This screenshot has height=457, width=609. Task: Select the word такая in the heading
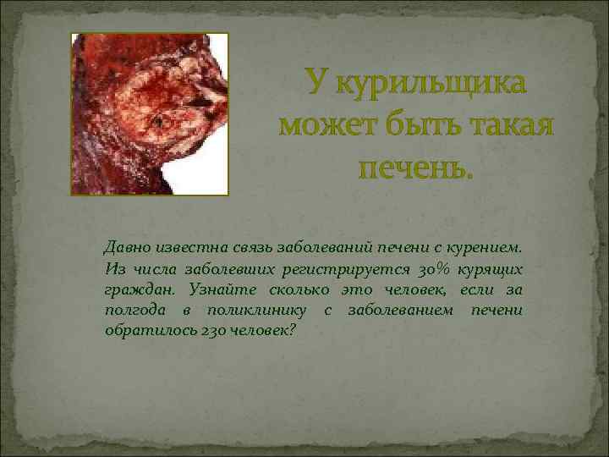click(505, 125)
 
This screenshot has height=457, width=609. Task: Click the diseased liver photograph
click(149, 114)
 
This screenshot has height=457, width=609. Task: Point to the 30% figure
click(431, 270)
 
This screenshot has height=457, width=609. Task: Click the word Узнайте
click(201, 290)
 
